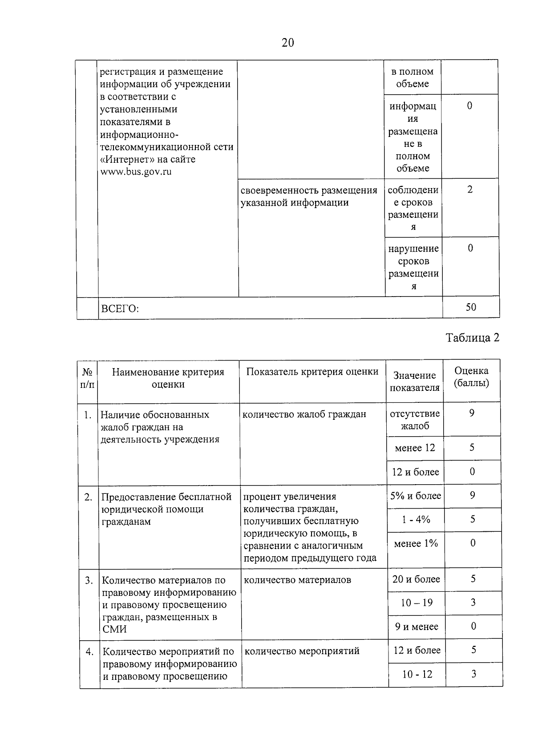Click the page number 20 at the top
(287, 43)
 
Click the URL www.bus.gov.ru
(136, 172)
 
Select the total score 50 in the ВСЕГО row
(471, 307)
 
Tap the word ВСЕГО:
(120, 309)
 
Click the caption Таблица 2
(473, 338)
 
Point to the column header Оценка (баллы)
(471, 377)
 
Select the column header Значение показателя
(415, 382)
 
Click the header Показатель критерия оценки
(312, 372)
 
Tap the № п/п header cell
(87, 378)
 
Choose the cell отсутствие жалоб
(415, 420)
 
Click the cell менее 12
(415, 448)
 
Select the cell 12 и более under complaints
(415, 472)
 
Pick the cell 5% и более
(416, 496)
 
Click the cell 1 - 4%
(416, 520)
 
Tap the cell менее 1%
(416, 543)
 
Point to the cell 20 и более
(416, 579)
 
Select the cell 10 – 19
(417, 603)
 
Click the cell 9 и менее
(417, 627)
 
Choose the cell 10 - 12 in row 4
(417, 675)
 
